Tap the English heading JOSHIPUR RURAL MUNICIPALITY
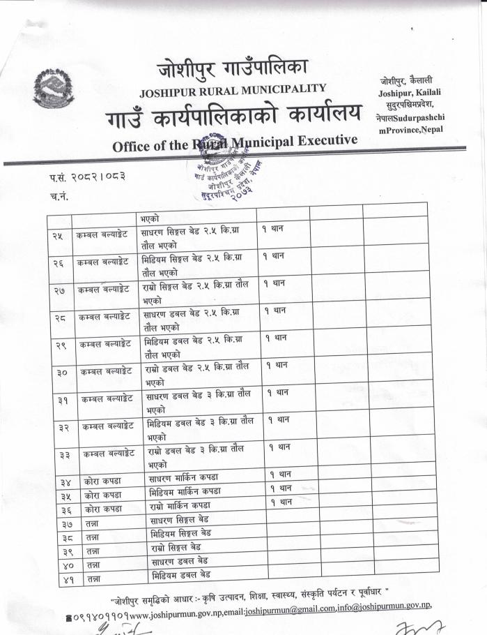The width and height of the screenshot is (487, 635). tap(233, 89)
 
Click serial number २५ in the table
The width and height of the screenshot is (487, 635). tap(58, 234)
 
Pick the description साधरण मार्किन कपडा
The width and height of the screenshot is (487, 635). tap(183, 477)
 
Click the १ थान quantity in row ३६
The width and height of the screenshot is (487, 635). tap(281, 501)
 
